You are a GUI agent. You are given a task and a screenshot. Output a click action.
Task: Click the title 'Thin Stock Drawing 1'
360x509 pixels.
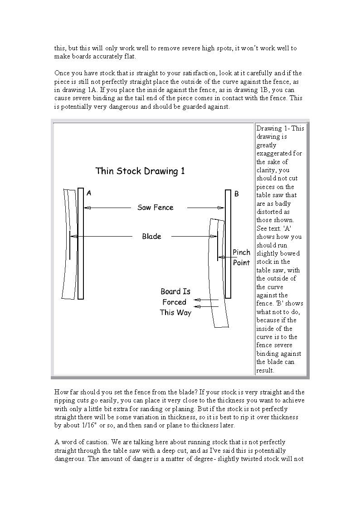pyautogui.click(x=140, y=171)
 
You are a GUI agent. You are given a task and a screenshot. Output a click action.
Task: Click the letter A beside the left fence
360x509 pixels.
pyautogui.click(x=89, y=193)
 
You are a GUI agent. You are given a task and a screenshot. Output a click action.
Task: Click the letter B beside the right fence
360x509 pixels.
pyautogui.click(x=236, y=194)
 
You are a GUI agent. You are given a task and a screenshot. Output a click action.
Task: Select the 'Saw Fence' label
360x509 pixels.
pyautogui.click(x=155, y=208)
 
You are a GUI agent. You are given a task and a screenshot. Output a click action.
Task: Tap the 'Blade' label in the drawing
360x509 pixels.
pyautogui.click(x=151, y=236)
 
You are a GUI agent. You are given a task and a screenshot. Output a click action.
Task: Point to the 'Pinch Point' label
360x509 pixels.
pyautogui.click(x=241, y=257)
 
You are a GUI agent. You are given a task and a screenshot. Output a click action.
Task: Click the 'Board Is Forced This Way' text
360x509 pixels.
pyautogui.click(x=175, y=302)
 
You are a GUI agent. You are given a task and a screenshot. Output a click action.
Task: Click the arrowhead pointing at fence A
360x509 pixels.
pyautogui.click(x=88, y=208)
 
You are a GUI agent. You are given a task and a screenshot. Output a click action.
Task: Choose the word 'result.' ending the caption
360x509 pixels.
pyautogui.click(x=265, y=370)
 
